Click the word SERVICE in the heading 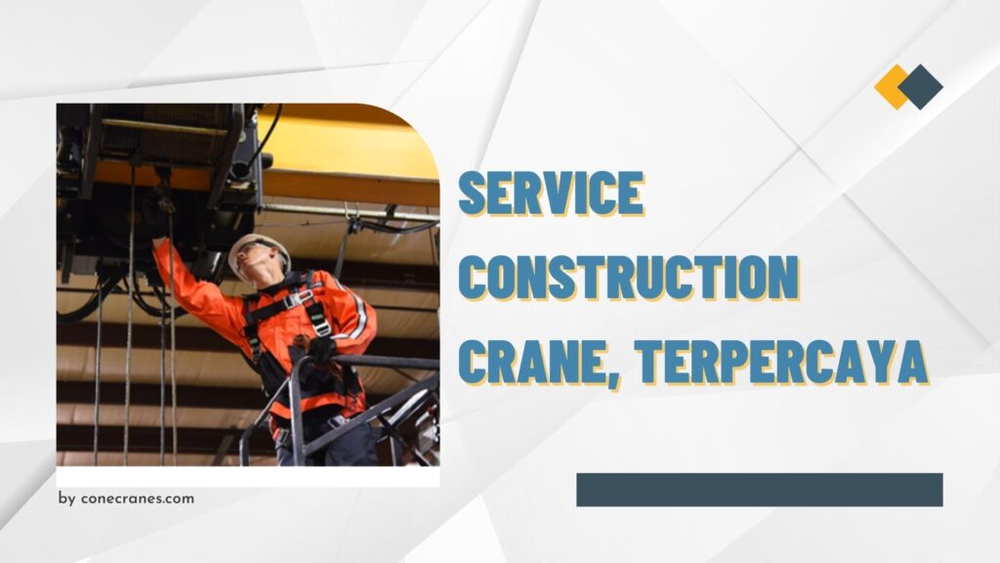(x=552, y=194)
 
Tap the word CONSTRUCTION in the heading (x=629, y=277)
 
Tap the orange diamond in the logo (x=892, y=86)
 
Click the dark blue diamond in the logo (x=921, y=86)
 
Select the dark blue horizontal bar (x=759, y=490)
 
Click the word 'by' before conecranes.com (x=66, y=498)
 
